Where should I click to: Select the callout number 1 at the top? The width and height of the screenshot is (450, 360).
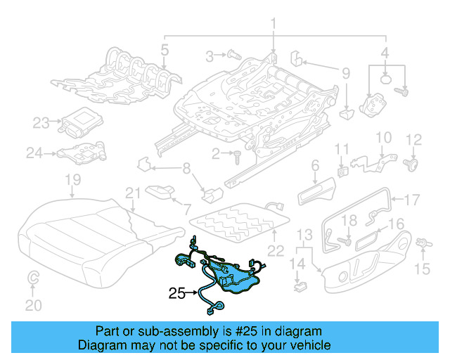(x=274, y=26)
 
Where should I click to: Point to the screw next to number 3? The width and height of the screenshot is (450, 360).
(x=233, y=54)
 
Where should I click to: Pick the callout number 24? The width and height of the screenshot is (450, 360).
(x=35, y=152)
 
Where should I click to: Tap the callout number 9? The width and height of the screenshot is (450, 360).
(x=345, y=72)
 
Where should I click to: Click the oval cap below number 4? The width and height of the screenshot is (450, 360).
(x=387, y=79)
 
